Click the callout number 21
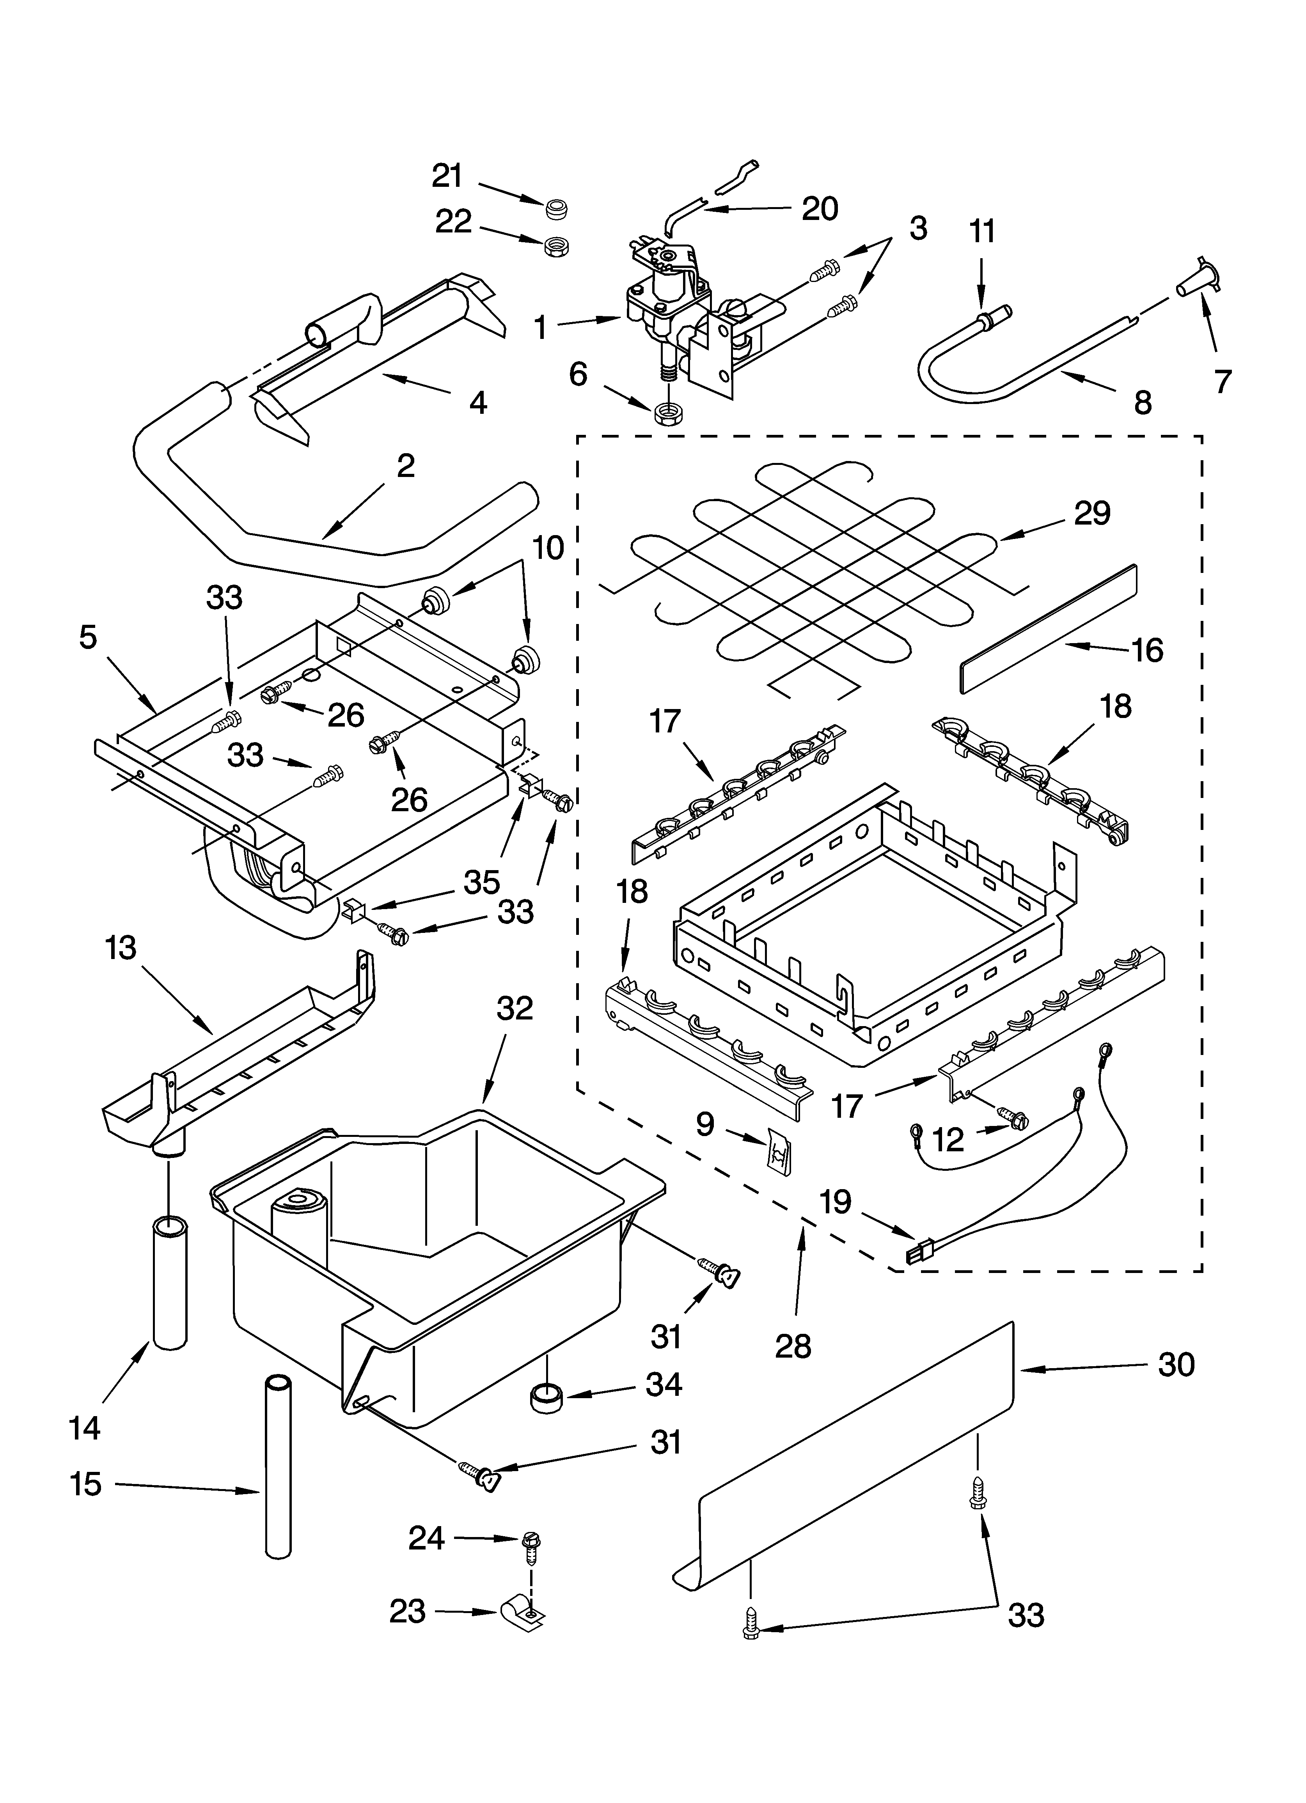point(447,176)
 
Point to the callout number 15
point(86,1484)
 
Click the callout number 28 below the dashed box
point(793,1346)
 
